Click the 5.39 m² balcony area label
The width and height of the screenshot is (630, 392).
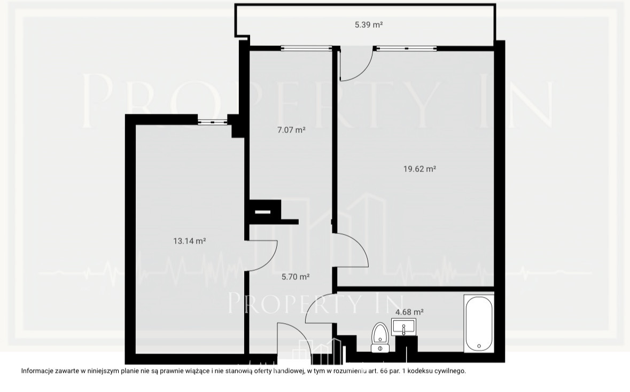coord(369,25)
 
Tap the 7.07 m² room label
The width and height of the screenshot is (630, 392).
coord(291,130)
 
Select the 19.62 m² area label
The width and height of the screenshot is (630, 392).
coord(419,169)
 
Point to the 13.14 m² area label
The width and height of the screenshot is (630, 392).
coord(189,241)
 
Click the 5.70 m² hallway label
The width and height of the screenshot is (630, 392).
coord(295,277)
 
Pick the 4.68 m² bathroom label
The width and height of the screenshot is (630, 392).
coord(409,312)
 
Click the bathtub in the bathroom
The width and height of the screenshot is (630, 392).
coord(479,323)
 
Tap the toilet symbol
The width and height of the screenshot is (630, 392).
coord(380,338)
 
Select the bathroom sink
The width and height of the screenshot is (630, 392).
coord(403,326)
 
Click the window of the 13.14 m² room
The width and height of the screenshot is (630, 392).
coord(213,122)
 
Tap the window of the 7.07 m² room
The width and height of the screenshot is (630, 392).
coord(307,49)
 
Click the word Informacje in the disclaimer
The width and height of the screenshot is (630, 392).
coord(36,371)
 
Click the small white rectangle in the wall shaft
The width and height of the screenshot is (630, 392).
coord(263,211)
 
